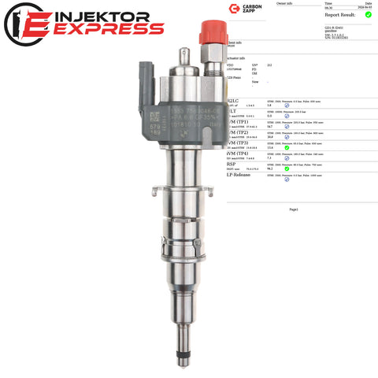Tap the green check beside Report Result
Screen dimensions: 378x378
368,14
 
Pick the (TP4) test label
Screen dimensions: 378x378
240,153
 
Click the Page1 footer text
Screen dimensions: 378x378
294,210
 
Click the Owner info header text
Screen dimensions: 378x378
285,3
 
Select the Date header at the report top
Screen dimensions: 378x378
369,3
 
